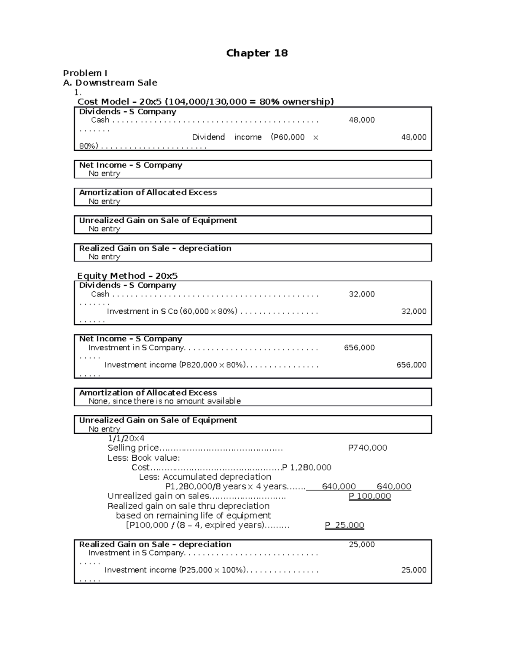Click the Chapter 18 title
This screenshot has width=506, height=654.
tap(257, 53)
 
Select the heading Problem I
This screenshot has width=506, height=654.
tap(85, 73)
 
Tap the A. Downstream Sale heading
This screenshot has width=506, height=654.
tap(110, 83)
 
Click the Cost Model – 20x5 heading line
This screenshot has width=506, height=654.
tap(205, 101)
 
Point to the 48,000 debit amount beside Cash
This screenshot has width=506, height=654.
tap(361, 120)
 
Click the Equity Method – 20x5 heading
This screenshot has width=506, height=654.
tap(127, 276)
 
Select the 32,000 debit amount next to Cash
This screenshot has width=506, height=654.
tap(361, 294)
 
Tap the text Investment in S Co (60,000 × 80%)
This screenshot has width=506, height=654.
tap(172, 311)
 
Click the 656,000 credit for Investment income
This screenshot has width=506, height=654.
tap(411, 365)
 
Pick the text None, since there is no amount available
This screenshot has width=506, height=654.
tap(164, 401)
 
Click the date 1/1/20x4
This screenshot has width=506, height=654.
tap(126, 438)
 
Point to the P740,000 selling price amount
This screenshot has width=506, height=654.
tap(367, 448)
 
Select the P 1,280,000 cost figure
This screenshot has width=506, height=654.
tap(307, 467)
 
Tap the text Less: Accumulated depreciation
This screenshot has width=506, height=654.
tap(205, 477)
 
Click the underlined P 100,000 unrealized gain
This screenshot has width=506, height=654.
tap(370, 496)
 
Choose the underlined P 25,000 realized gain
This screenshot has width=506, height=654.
tap(345, 525)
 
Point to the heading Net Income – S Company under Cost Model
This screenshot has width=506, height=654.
tap(130, 165)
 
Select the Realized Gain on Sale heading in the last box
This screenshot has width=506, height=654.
tap(155, 544)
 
